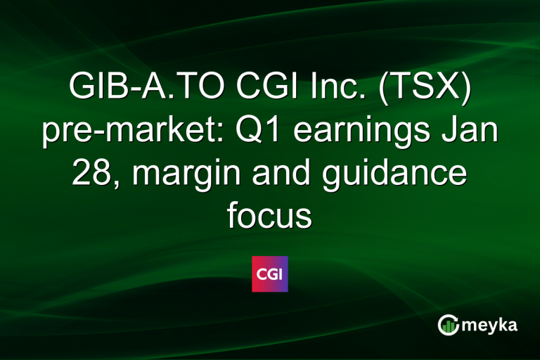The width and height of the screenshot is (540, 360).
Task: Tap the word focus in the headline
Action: (269, 216)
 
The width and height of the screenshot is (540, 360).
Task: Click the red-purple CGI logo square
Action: (270, 274)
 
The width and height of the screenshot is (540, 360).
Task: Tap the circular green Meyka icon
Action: (448, 324)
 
